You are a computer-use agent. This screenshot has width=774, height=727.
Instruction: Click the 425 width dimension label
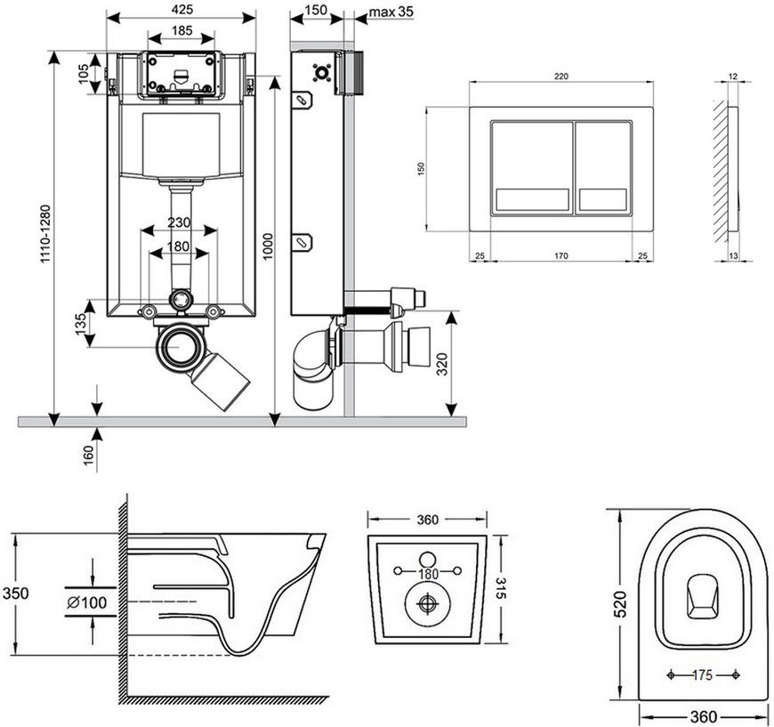point(182,10)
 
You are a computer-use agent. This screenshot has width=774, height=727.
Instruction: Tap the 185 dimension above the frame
point(181,30)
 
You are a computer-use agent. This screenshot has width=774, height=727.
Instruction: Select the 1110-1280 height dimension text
point(45,234)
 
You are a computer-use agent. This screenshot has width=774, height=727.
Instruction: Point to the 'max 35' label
point(391,12)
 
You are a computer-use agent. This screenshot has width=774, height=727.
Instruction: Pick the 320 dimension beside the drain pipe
point(442,364)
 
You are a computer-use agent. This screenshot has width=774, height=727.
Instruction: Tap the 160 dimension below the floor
point(88,456)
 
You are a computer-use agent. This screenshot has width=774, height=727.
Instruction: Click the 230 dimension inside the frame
point(178,222)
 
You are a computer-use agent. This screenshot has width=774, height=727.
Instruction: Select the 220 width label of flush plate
point(561,76)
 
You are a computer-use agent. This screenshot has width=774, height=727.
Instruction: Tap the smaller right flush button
point(603,168)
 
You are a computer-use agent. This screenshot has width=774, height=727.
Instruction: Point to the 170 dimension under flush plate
point(560,256)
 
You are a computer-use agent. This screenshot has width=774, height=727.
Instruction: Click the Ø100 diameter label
point(87,602)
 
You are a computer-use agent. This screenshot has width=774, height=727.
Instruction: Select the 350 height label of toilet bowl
point(15,593)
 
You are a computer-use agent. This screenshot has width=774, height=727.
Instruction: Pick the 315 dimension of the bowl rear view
point(500,587)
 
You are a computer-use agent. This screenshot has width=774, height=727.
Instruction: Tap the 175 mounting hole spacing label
point(702,674)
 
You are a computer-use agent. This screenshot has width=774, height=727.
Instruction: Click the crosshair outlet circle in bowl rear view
point(427,603)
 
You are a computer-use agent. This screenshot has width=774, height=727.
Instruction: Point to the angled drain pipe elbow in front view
point(221,379)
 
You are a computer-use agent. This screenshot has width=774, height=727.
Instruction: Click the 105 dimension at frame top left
point(83,74)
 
